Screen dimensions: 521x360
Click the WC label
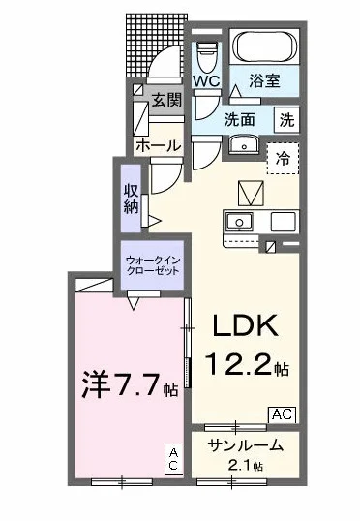point(206,81)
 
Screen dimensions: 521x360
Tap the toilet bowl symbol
point(206,54)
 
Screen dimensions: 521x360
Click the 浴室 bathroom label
point(264,81)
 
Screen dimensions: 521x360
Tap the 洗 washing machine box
point(287,121)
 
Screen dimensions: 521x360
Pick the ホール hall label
point(156,145)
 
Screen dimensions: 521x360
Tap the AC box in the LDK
point(281,414)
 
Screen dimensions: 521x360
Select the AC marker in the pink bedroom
point(173,459)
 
